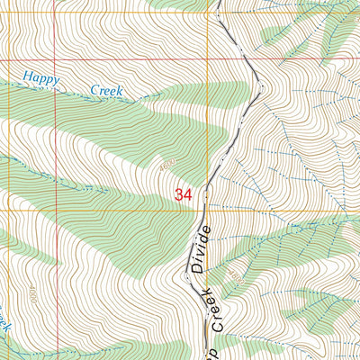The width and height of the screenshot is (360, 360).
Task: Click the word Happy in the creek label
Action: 42,80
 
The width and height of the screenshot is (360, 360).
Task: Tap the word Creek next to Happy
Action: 107,90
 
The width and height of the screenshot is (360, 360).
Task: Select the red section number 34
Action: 184,193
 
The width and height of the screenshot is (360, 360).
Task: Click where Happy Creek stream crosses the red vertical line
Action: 56,85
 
